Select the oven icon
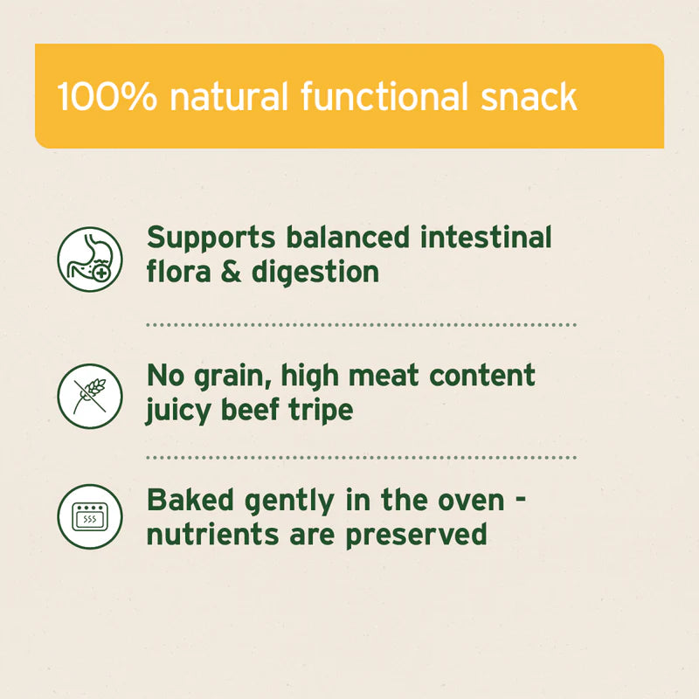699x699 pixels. (x=89, y=516)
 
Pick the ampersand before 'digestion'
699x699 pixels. (x=231, y=271)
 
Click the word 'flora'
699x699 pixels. (x=177, y=271)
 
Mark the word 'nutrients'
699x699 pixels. (x=205, y=533)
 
